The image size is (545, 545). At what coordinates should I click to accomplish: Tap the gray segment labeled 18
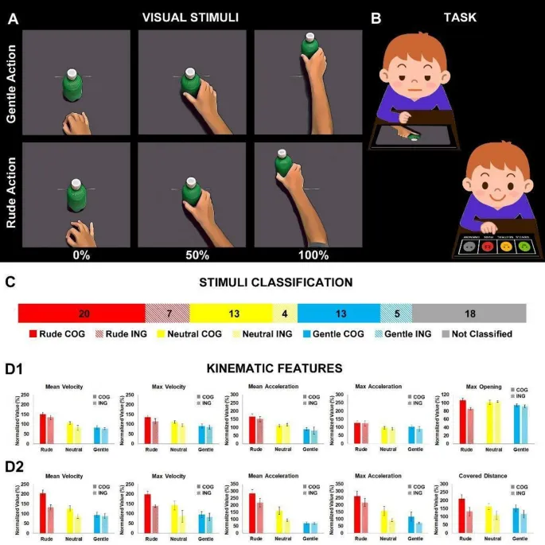tap(469, 313)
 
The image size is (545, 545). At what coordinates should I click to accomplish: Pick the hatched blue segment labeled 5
tap(396, 313)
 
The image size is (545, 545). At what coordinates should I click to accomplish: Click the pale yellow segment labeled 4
tap(285, 313)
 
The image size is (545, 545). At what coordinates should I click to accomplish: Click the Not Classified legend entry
tap(477, 335)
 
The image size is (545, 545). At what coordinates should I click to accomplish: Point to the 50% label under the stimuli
tap(197, 255)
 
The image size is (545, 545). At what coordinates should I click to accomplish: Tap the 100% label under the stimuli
tap(313, 255)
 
